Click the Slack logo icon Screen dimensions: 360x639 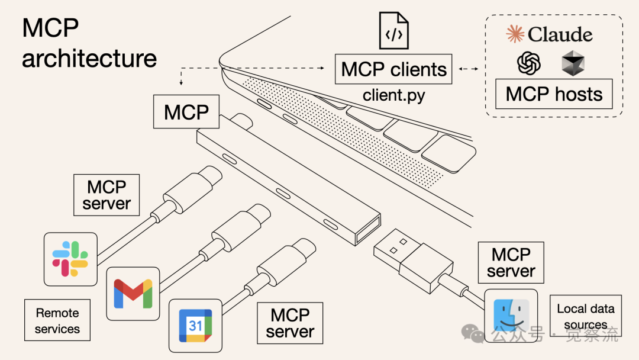[x=70, y=259]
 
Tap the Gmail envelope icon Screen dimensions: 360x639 [x=133, y=293]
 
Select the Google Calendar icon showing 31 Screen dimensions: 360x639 [x=195, y=325]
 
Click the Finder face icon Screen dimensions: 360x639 [x=511, y=316]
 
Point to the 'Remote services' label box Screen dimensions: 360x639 [x=57, y=320]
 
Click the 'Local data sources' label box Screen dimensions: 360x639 [x=585, y=316]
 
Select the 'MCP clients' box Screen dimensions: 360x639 [x=393, y=69]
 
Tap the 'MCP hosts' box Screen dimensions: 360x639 [x=554, y=94]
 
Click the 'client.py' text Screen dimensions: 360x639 [x=393, y=95]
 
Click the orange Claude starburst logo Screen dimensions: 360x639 [x=515, y=34]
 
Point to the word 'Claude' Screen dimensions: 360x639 [x=560, y=34]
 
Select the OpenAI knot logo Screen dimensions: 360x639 [x=529, y=63]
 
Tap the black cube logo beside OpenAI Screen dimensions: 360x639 [x=573, y=63]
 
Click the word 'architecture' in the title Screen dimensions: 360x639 [x=89, y=58]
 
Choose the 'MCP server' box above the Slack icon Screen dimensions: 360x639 [x=106, y=195]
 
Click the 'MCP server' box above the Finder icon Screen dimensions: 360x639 [x=511, y=263]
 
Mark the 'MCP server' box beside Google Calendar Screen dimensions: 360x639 [x=289, y=323]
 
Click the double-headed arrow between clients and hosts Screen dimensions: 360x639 [x=469, y=69]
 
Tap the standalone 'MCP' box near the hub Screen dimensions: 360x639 [x=186, y=112]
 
